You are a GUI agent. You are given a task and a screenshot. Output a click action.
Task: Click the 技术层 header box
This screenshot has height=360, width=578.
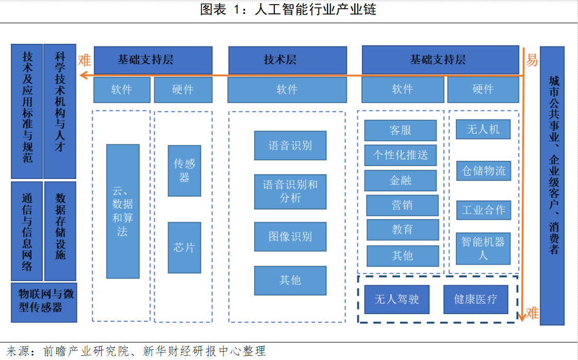click(x=287, y=60)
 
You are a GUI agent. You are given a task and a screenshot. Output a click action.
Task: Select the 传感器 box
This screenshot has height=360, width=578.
click(x=184, y=171)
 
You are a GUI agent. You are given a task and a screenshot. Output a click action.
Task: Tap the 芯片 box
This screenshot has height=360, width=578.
click(x=184, y=248)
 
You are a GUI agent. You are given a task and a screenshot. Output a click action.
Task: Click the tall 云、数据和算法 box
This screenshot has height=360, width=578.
click(x=123, y=211)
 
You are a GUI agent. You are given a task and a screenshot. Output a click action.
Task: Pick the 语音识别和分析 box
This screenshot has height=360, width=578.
click(x=290, y=191)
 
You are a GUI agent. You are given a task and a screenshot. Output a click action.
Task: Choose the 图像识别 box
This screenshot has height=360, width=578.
click(x=290, y=237)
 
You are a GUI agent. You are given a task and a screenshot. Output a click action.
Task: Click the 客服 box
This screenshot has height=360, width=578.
click(x=400, y=130)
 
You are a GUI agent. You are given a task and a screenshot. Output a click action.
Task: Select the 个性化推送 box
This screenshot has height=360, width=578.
click(x=400, y=155)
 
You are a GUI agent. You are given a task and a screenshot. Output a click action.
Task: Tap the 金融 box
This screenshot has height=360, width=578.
click(x=400, y=181)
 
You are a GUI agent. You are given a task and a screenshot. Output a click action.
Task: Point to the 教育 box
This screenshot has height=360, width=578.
click(x=402, y=230)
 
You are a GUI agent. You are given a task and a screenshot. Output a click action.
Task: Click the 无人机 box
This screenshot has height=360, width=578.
click(x=483, y=129)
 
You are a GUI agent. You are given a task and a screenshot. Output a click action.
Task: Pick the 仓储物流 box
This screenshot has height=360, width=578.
click(x=484, y=171)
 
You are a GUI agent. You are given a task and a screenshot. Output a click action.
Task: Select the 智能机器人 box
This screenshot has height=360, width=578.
click(x=483, y=248)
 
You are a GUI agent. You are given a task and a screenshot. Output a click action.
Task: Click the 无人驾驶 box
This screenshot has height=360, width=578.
click(x=397, y=299)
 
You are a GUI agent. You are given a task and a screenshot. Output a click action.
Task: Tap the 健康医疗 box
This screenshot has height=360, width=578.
click(x=475, y=299)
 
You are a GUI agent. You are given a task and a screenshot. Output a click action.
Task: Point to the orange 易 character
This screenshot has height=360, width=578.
click(x=532, y=61)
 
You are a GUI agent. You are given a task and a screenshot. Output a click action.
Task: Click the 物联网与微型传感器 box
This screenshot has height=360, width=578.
click(x=44, y=301)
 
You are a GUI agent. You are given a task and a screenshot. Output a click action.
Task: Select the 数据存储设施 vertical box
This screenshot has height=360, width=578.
click(x=60, y=231)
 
